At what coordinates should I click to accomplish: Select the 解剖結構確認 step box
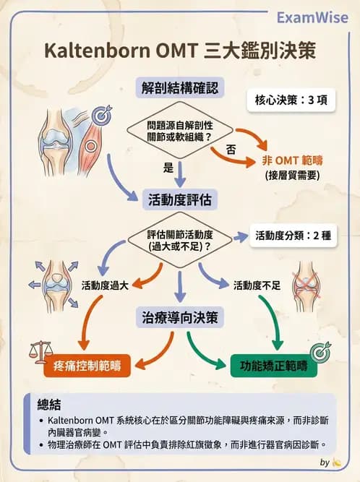(179, 88)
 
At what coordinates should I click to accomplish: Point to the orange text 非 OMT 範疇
(292, 160)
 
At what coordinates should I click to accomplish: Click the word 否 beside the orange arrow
(231, 150)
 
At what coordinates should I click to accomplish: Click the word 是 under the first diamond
(168, 168)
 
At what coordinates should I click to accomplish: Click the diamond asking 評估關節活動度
(179, 239)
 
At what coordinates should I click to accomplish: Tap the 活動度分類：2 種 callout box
(292, 236)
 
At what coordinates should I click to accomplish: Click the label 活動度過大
(105, 285)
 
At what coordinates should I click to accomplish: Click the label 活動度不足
(257, 285)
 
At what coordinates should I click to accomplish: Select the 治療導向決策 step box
(179, 317)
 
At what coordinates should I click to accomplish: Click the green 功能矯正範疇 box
(273, 366)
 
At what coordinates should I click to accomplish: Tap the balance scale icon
(41, 353)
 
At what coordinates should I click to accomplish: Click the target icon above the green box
(319, 350)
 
